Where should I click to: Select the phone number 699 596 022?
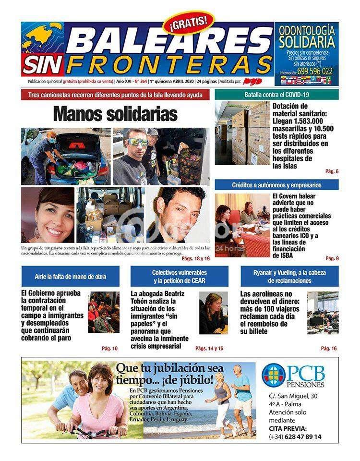tap(314, 71)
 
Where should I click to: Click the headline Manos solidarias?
tap(115, 114)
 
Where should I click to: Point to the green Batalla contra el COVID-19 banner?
tap(276, 95)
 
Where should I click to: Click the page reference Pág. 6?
tap(332, 171)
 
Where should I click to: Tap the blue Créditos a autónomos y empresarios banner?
tap(276, 185)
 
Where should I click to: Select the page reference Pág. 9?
tap(332, 258)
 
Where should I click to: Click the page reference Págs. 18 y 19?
tap(195, 258)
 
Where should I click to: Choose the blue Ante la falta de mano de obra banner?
tap(71, 276)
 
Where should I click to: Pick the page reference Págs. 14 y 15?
tap(209, 349)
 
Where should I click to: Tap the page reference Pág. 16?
tap(329, 349)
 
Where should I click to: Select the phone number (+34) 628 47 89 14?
tap(295, 437)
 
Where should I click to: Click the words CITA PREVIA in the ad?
tap(288, 428)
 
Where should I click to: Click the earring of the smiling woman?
tap(37, 234)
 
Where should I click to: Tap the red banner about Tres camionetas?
tap(115, 95)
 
